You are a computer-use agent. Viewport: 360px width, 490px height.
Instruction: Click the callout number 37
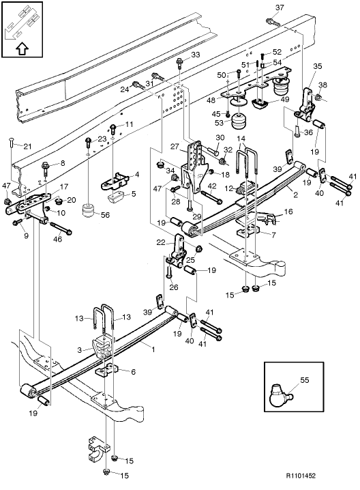coord(278,7)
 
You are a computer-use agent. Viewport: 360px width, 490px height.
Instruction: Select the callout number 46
coord(57,240)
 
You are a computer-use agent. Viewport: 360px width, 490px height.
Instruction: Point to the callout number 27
coord(174,146)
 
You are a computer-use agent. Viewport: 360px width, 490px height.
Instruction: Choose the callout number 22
coord(161,243)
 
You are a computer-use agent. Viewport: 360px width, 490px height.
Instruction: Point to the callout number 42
coord(212,186)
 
